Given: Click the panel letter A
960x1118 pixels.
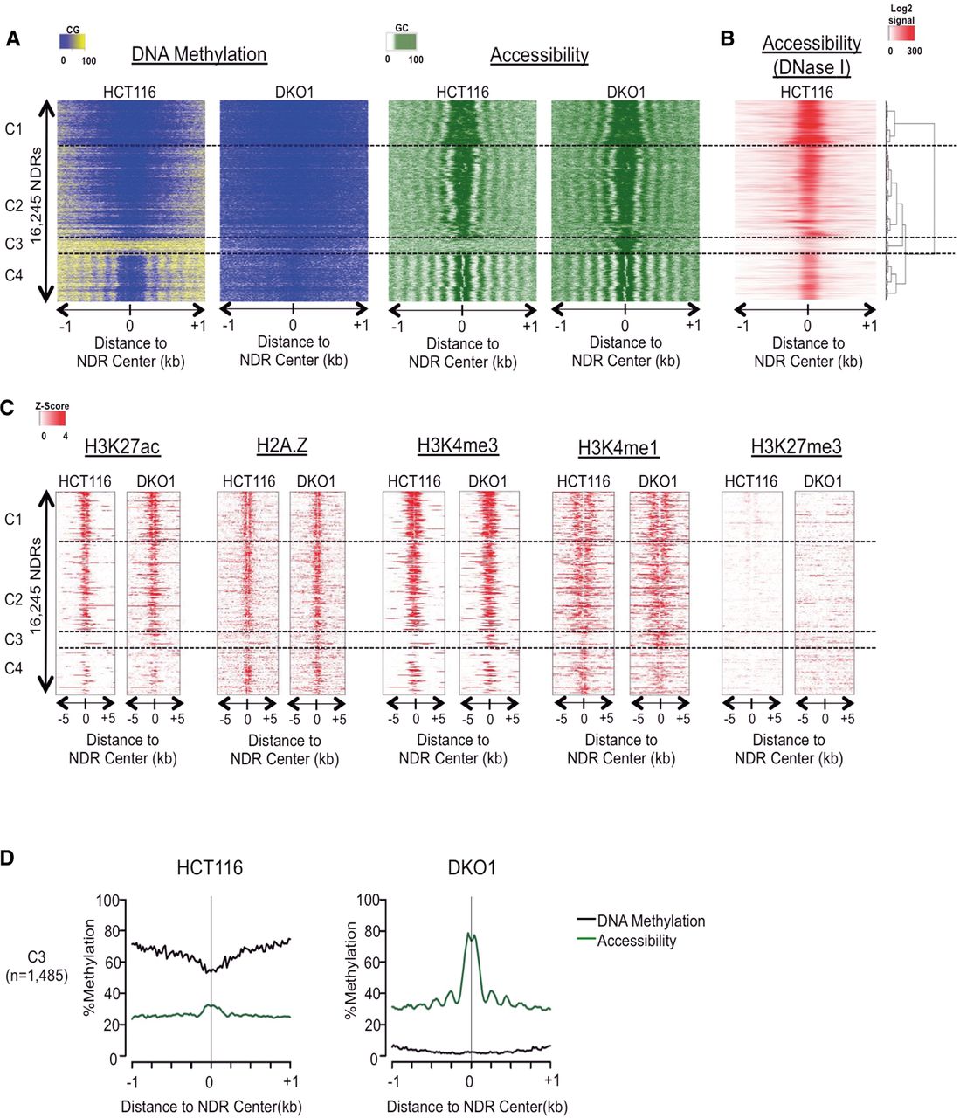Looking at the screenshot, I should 13,40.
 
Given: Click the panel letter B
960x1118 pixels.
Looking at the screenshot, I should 727,40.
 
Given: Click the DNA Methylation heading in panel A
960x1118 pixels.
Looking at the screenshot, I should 198,55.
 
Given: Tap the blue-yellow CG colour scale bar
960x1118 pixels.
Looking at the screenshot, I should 73,41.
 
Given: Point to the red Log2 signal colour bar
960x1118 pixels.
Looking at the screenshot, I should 902,34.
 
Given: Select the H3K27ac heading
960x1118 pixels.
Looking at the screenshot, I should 122,447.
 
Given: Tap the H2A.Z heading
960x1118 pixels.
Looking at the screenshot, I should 282,446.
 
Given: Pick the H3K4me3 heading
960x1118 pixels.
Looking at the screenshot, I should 457,445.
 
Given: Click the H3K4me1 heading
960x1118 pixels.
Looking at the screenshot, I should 618,448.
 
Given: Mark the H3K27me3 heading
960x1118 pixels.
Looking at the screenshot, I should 796,447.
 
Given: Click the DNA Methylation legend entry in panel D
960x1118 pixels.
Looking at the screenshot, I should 651,921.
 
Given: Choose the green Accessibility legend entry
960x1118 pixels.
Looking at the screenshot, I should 636,941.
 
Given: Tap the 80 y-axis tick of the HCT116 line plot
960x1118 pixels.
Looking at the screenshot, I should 108,931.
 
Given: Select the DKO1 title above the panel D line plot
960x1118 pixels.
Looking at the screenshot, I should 472,869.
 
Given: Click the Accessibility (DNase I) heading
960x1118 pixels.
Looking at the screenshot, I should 812,54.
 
